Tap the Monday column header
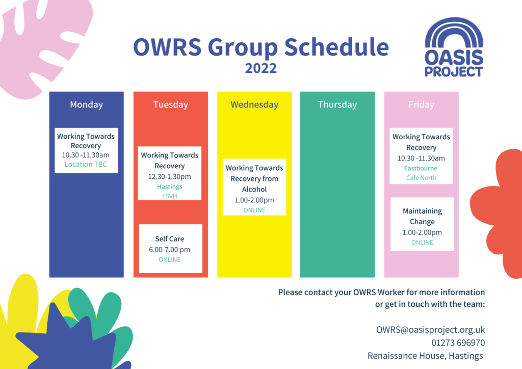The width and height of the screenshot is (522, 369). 86,104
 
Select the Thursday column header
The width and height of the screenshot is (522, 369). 337,104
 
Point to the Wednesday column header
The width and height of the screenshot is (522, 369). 254,104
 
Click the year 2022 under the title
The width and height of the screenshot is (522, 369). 261,68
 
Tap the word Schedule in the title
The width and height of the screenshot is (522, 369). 336,47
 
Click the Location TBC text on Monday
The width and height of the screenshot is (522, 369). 86,164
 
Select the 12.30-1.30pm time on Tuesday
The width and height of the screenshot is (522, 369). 169,176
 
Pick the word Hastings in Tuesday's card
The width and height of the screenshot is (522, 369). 169,187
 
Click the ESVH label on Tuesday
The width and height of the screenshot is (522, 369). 169,196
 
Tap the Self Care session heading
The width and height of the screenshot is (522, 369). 169,239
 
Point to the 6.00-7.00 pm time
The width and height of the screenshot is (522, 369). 169,250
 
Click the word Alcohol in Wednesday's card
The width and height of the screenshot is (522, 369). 254,189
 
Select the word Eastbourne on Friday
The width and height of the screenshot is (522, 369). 421,168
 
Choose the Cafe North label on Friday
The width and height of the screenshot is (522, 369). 421,178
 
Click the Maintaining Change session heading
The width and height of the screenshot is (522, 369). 422,216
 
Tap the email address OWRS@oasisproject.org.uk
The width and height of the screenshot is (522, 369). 430,330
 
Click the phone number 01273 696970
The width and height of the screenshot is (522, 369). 458,342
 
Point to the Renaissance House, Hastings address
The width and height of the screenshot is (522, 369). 425,356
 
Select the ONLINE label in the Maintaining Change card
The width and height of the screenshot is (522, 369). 422,242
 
